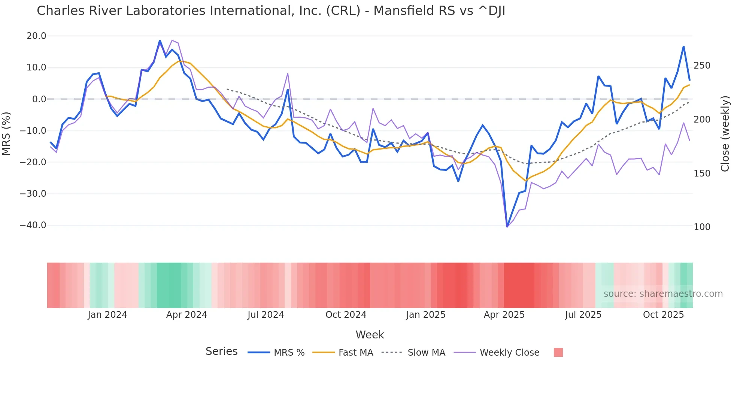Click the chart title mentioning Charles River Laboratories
tap(271, 11)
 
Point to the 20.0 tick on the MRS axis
tap(36, 36)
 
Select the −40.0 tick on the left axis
tap(33, 225)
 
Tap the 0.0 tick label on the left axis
tap(39, 99)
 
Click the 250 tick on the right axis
tap(702, 66)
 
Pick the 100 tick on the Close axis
tap(702, 227)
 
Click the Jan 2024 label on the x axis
tap(107, 315)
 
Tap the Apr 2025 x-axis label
tap(504, 315)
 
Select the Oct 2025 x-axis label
tap(663, 315)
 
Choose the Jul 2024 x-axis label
tap(266, 315)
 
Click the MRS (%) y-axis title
tap(6, 133)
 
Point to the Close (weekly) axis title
tap(725, 133)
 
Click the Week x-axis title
tap(370, 335)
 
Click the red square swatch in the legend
tap(558, 352)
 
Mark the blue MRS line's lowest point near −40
tap(507, 226)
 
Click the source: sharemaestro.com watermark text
tap(663, 294)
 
